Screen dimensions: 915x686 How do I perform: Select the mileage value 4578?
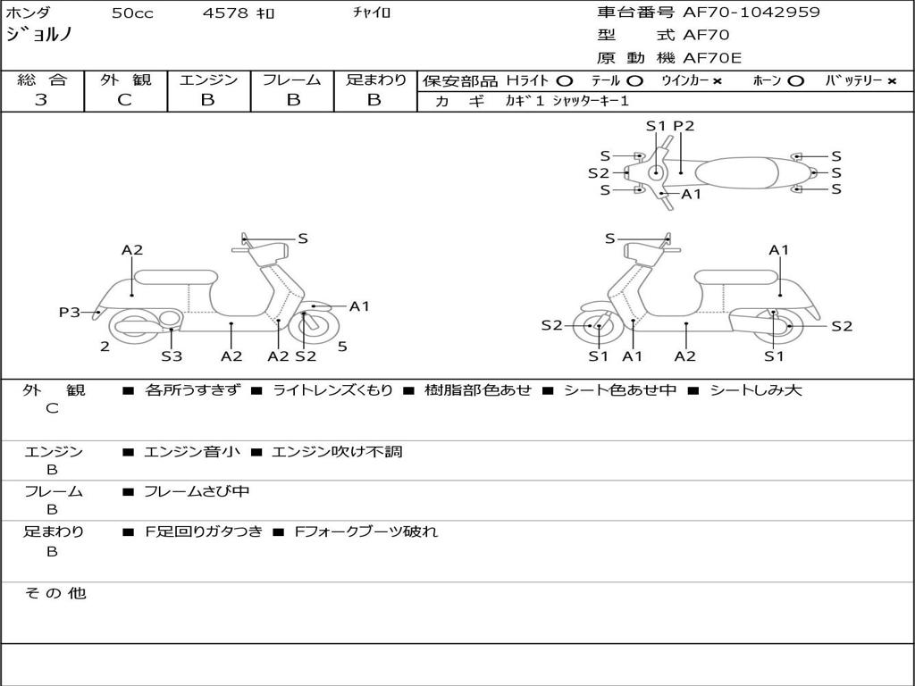tap(227, 13)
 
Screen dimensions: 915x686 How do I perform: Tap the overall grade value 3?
tap(42, 100)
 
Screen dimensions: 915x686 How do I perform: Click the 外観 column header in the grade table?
tap(125, 79)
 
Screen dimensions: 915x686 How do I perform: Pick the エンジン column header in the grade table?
tap(208, 79)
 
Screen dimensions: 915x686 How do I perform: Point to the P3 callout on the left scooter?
tap(70, 312)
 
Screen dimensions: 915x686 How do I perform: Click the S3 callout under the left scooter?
tap(172, 356)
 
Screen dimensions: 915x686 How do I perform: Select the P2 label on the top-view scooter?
tap(684, 126)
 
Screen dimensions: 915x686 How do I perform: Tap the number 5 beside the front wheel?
tap(342, 347)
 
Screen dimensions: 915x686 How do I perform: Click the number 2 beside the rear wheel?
tap(105, 347)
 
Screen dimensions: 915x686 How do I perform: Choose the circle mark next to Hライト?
tap(564, 80)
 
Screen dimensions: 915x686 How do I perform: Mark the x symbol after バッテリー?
tap(891, 80)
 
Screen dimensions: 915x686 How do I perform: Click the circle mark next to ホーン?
tap(795, 80)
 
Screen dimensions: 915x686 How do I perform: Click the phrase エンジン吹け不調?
tap(337, 452)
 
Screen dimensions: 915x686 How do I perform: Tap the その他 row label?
tap(55, 593)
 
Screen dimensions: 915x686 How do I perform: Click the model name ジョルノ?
tap(39, 36)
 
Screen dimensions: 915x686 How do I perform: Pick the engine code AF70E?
tap(712, 59)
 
